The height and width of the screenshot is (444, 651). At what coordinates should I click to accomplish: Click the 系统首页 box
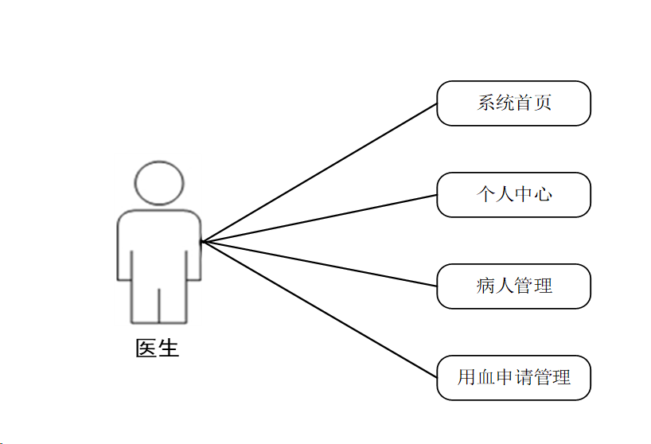[513, 103]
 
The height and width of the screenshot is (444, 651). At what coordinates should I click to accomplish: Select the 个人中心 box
[513, 195]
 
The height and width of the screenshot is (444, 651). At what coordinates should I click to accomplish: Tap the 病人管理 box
[513, 286]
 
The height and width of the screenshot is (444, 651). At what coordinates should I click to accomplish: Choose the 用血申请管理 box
[513, 377]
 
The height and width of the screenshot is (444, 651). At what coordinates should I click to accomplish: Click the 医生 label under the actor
[158, 349]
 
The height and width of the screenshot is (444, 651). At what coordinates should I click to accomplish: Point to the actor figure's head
[159, 183]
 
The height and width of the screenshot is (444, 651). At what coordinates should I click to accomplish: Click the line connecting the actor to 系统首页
[318, 173]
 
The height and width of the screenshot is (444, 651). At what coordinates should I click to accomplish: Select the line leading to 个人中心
[318, 218]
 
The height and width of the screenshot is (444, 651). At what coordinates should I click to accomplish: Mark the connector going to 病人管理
[318, 264]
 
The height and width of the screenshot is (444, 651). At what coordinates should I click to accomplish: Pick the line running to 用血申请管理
[318, 310]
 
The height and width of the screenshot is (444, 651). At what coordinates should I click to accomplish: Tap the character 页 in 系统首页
[542, 103]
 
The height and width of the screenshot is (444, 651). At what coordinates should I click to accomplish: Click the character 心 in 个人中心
[542, 195]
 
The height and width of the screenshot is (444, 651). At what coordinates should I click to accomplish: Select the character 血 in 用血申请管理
[485, 377]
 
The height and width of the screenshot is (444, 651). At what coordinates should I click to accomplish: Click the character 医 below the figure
[146, 349]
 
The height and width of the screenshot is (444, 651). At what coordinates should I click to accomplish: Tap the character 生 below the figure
[169, 349]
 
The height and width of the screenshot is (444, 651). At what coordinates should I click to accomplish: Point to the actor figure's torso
[159, 247]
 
